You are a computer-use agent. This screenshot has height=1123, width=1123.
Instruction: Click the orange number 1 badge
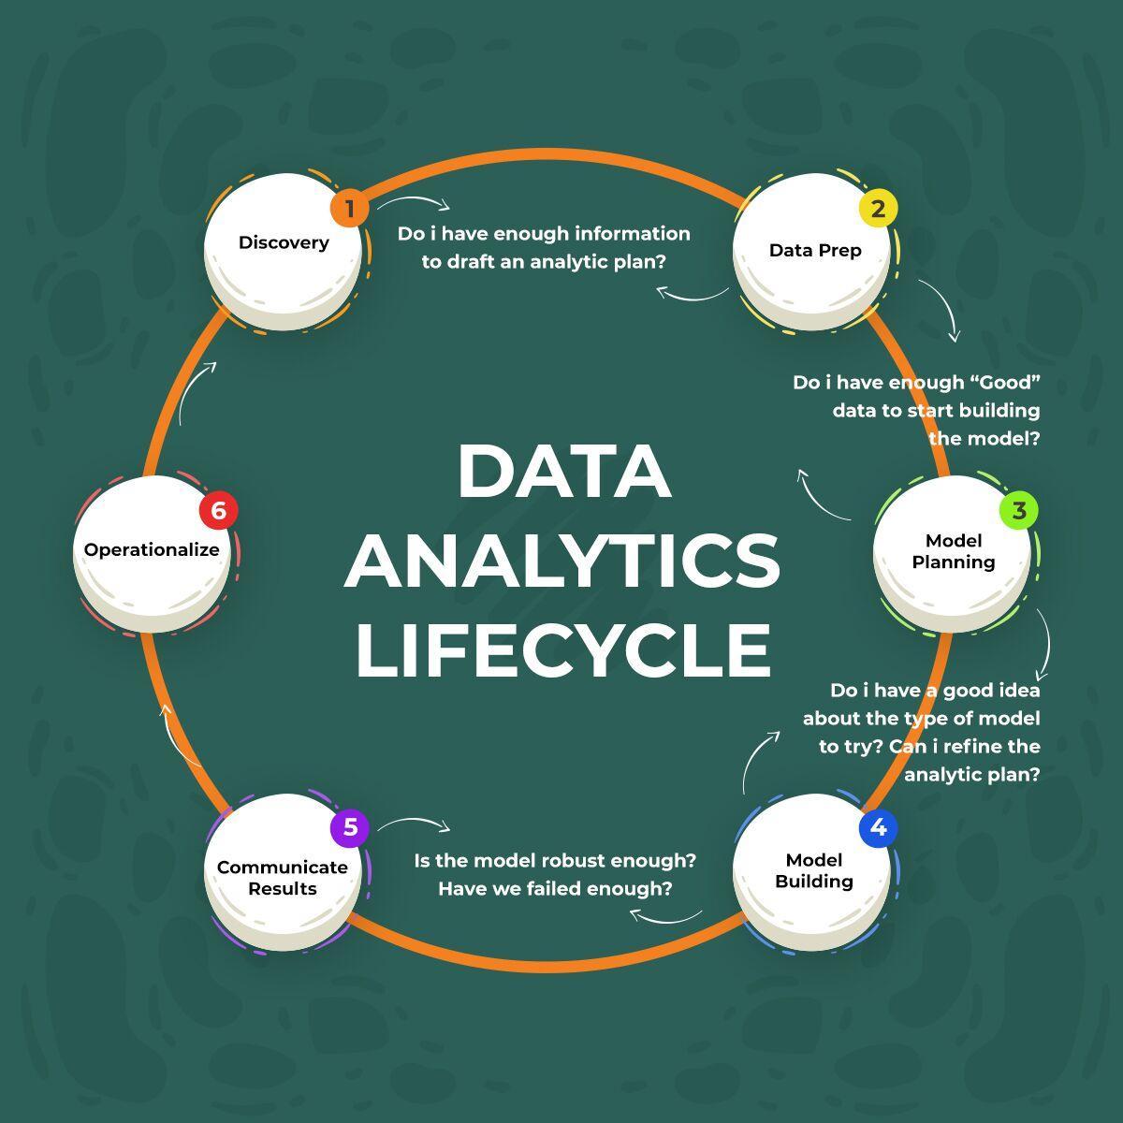349,209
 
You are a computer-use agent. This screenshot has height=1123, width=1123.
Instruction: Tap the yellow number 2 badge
878,209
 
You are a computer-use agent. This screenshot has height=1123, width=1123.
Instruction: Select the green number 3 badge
1019,511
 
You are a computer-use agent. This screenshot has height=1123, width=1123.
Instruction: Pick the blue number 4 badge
878,828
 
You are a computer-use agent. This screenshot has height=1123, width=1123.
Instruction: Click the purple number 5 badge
350,828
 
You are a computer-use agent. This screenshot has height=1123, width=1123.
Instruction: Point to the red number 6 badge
218,511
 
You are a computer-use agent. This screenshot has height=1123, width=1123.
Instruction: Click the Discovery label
284,242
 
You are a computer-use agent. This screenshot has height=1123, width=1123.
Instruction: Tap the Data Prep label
815,250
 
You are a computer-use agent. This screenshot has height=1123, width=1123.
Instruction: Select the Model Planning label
954,551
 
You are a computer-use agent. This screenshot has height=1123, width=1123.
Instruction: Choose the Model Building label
814,870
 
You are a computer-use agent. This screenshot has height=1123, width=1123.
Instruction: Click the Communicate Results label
283,878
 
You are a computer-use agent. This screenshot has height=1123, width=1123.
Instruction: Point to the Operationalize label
152,549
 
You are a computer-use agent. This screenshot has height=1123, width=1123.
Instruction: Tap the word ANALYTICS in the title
562,560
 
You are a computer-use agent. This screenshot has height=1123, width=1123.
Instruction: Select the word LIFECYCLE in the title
563,648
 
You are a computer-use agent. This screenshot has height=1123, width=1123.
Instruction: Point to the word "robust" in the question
575,860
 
